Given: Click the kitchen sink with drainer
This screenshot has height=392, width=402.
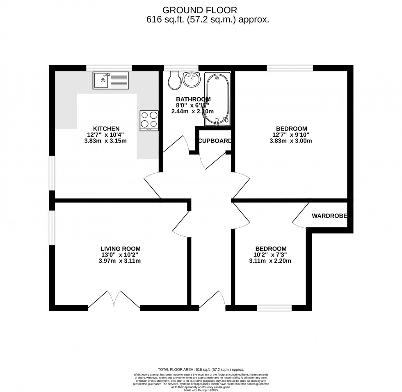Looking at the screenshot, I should tap(110, 80).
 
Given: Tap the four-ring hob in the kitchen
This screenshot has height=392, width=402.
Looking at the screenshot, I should tap(149, 121).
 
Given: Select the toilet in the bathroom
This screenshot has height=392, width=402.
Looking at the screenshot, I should tap(174, 81).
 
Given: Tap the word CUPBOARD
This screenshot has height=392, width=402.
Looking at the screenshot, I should tap(215, 141).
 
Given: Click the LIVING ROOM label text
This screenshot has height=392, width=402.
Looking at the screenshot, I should tap(121, 248).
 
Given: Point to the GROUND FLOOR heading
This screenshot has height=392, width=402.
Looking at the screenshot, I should tap(200, 10).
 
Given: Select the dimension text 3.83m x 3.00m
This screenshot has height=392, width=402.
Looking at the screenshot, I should tap(291, 141).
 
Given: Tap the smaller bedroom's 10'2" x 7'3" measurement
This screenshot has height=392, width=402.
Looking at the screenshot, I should tap(271, 254).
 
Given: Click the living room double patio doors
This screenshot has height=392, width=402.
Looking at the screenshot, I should tap(114, 299).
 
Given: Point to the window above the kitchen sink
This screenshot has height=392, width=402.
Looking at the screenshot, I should tap(109, 68).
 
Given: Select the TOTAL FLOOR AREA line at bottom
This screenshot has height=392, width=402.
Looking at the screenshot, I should tap(201, 370).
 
